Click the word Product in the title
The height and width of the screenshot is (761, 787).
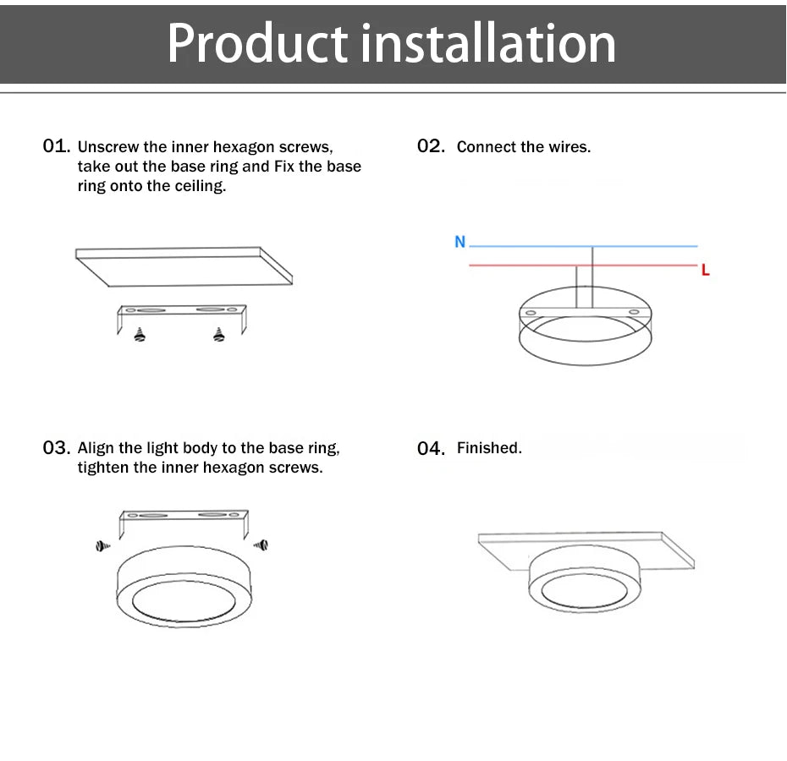[257, 44]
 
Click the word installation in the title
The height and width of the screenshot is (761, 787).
[488, 44]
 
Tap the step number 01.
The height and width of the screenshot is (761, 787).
[56, 146]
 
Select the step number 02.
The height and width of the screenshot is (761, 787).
[431, 146]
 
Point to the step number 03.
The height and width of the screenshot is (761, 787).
[56, 447]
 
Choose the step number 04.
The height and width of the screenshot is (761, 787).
[431, 448]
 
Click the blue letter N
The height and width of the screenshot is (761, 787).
[460, 242]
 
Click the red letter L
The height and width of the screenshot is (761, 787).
[705, 271]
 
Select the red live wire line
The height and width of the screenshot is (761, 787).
[525, 266]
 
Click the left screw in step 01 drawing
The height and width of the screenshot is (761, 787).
[140, 335]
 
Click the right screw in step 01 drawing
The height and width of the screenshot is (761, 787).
[219, 335]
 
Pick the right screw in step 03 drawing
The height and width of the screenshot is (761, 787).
[261, 545]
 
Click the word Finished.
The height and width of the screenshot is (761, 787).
[489, 448]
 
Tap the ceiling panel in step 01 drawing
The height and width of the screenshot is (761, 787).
[184, 266]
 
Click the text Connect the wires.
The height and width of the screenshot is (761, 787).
[523, 147]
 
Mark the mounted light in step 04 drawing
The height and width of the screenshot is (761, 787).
[584, 583]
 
